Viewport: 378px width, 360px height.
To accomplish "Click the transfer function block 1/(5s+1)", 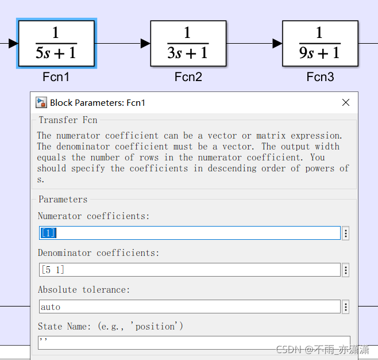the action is [x=56, y=43].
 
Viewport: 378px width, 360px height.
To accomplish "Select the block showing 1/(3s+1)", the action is [x=188, y=43].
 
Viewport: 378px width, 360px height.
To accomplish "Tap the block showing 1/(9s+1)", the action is [x=320, y=43].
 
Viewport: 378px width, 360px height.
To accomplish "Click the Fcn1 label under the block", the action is [x=56, y=77].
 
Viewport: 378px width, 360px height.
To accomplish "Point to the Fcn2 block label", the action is [x=188, y=77].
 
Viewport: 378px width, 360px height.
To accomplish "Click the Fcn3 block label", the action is [x=320, y=77].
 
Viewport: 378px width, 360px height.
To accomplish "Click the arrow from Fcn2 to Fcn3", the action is [x=254, y=43].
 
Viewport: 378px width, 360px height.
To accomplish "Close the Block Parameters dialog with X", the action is [x=346, y=102].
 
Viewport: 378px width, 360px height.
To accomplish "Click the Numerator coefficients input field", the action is [x=190, y=233].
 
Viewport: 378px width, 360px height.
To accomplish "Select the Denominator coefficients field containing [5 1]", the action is [x=190, y=270].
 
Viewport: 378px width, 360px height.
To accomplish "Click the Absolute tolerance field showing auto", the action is [x=190, y=307].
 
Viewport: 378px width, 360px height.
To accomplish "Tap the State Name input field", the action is [x=194, y=342].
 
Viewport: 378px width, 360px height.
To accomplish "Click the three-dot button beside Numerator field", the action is [x=346, y=233].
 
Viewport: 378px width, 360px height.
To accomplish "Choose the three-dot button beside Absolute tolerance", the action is [x=346, y=307].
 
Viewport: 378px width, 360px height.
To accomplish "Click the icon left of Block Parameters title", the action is [x=41, y=102].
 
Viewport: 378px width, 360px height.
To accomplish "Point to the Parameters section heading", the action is [x=63, y=200].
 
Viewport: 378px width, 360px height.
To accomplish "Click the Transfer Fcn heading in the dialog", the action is [x=68, y=120].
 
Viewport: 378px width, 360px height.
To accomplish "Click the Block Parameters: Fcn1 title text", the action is [x=98, y=103].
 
